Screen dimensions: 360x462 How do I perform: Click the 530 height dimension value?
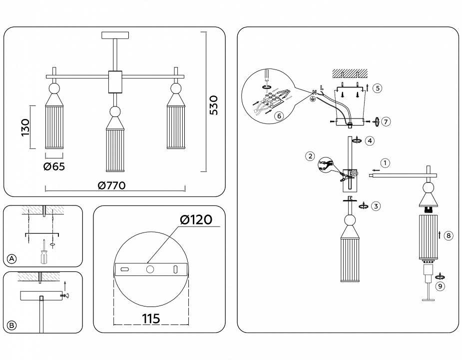tap(214, 105)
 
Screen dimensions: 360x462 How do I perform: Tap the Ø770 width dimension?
tap(111, 185)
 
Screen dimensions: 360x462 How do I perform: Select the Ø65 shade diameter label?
tap(54, 167)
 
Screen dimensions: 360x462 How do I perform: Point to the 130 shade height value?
tap(25, 127)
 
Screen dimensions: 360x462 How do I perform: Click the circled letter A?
tap(12, 258)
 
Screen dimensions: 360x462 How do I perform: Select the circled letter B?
tap(12, 325)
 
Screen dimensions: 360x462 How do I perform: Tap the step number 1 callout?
tap(385, 162)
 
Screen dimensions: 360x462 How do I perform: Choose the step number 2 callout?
tap(310, 156)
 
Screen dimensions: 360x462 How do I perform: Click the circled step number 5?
tap(377, 88)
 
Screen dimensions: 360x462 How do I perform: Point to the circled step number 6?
tap(279, 115)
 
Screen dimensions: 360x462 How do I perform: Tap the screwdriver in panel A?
tap(43, 253)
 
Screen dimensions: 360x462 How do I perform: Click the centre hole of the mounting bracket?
tap(150, 269)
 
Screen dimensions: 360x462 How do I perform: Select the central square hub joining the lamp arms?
tap(115, 82)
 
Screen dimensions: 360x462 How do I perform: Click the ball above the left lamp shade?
tap(54, 89)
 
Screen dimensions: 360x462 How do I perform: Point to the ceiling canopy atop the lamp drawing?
tap(115, 35)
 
